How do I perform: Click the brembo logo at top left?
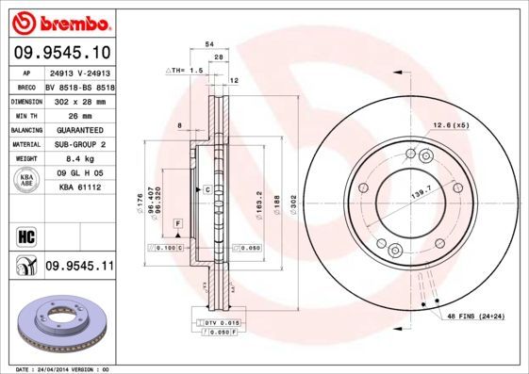click(x=60, y=21)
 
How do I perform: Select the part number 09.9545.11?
click(x=79, y=267)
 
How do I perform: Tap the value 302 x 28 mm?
click(x=79, y=100)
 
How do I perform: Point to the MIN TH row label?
click(x=23, y=115)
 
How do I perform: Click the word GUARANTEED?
click(x=79, y=130)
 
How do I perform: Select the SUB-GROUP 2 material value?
click(x=79, y=145)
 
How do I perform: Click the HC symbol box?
click(x=25, y=235)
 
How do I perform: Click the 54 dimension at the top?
click(x=209, y=44)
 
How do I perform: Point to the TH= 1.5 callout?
click(x=186, y=71)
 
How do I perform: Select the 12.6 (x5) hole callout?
click(x=451, y=125)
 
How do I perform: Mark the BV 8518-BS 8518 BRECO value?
click(x=79, y=85)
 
